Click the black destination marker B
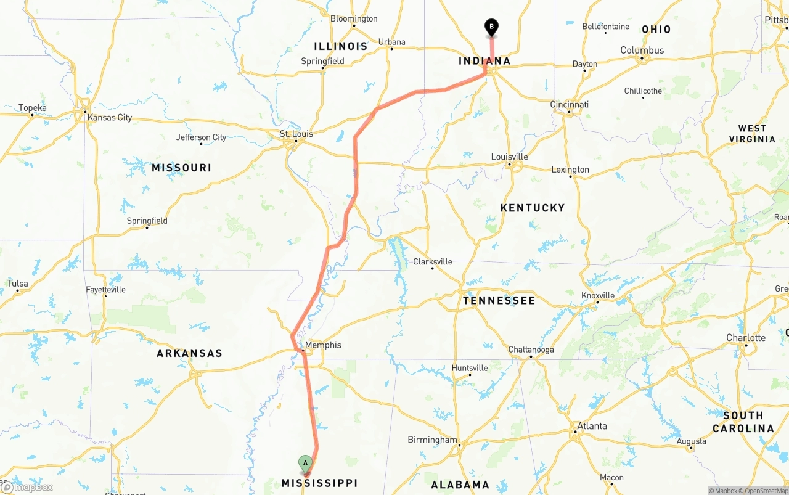[491, 27]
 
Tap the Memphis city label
[323, 345]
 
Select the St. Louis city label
[296, 134]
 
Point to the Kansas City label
[110, 117]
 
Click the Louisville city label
[510, 157]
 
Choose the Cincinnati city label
[570, 105]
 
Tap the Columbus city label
[642, 51]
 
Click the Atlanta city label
[592, 426]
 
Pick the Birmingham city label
[432, 440]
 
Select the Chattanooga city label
[531, 350]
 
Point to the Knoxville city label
[598, 296]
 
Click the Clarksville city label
[433, 261]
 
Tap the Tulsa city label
[17, 284]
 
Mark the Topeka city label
[32, 108]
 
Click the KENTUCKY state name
[533, 208]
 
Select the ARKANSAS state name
[189, 353]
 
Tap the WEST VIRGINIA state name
[752, 134]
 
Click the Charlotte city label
[746, 338]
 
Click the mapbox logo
[27, 487]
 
